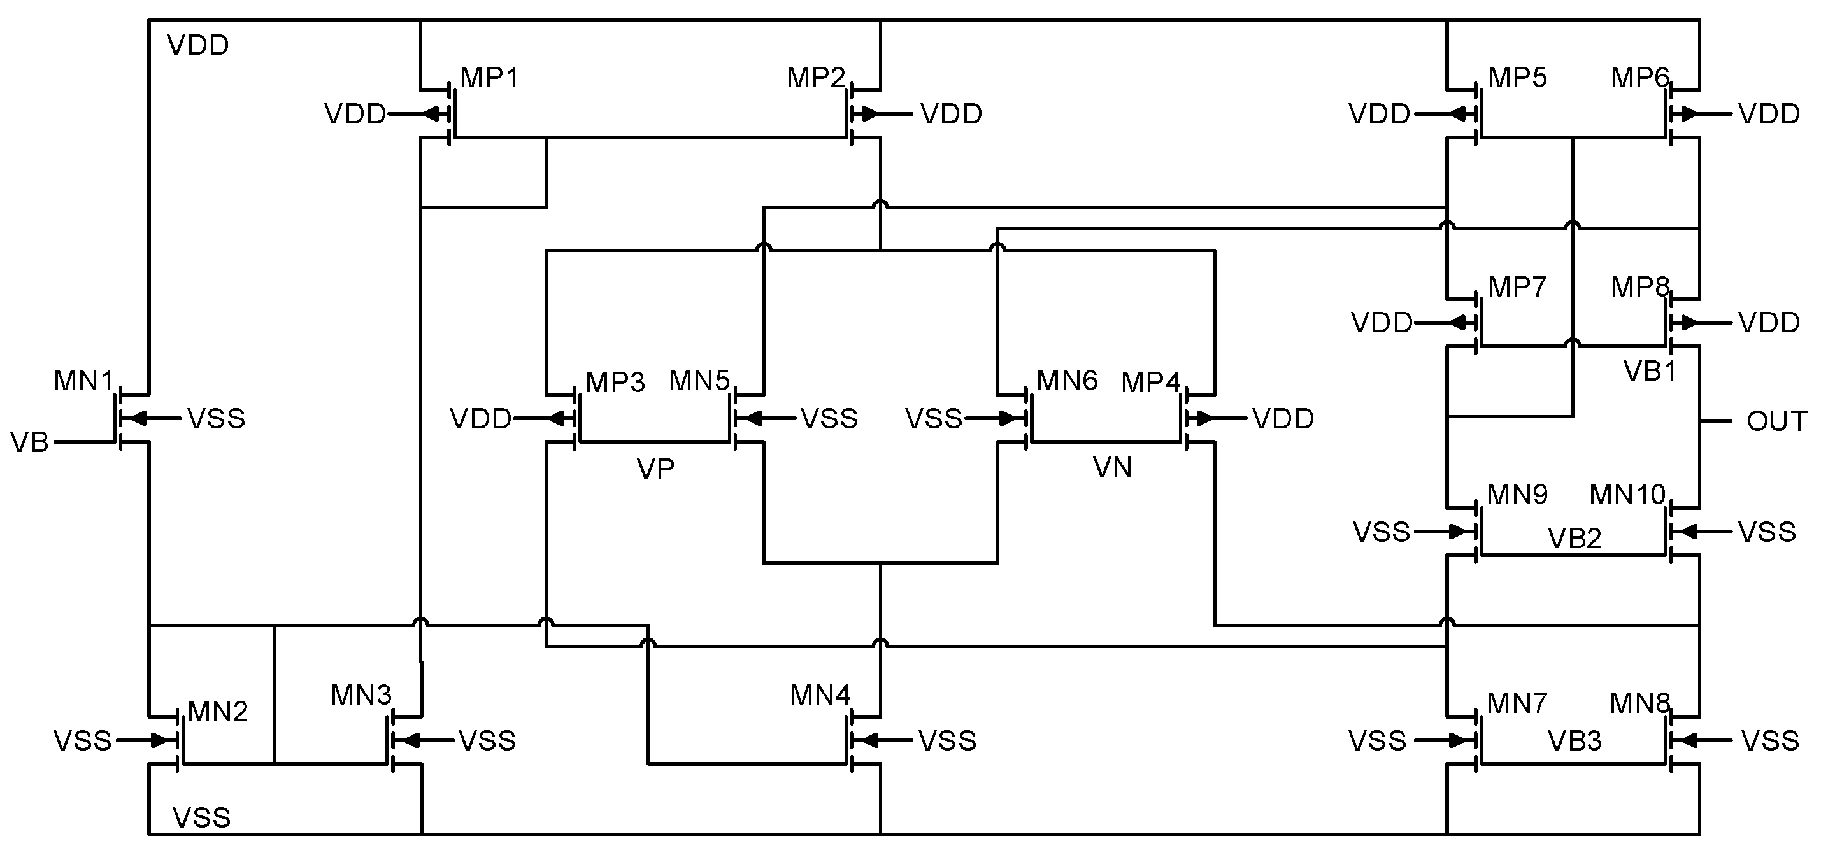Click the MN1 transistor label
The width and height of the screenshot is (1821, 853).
click(83, 381)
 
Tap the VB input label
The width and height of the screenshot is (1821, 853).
click(30, 443)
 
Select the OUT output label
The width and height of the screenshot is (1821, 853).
click(1776, 422)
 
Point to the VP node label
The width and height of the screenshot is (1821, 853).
click(655, 469)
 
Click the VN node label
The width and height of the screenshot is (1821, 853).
click(1112, 468)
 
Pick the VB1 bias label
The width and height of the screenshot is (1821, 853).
click(1650, 372)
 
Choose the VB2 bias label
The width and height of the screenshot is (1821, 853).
click(1575, 539)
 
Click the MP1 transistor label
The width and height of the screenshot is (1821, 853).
click(489, 78)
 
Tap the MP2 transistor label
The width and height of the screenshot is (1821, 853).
click(816, 78)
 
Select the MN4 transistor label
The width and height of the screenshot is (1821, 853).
click(820, 695)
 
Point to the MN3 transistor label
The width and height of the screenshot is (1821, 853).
click(361, 695)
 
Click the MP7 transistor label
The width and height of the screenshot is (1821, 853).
click(1517, 288)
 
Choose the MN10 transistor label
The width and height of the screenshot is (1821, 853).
click(1627, 495)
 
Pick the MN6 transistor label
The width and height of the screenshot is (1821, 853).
click(1067, 381)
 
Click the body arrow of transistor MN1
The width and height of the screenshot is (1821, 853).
click(138, 419)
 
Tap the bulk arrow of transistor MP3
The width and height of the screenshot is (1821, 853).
click(562, 419)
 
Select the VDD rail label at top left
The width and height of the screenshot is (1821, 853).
click(198, 46)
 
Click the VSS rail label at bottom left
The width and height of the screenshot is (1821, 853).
click(201, 817)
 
